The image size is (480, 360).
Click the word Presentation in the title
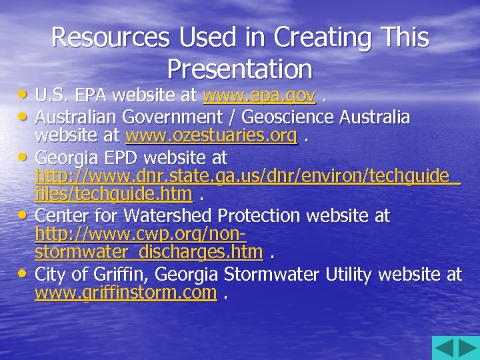coord(239,68)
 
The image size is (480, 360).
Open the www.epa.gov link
coord(259,97)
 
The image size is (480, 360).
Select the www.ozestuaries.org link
coord(211,137)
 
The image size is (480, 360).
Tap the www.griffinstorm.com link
coord(126,292)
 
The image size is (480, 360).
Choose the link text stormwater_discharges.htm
coord(149,253)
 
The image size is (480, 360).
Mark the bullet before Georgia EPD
coord(25,157)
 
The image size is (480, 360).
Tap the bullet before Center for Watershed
coord(25,215)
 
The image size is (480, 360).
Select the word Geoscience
coord(282,117)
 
